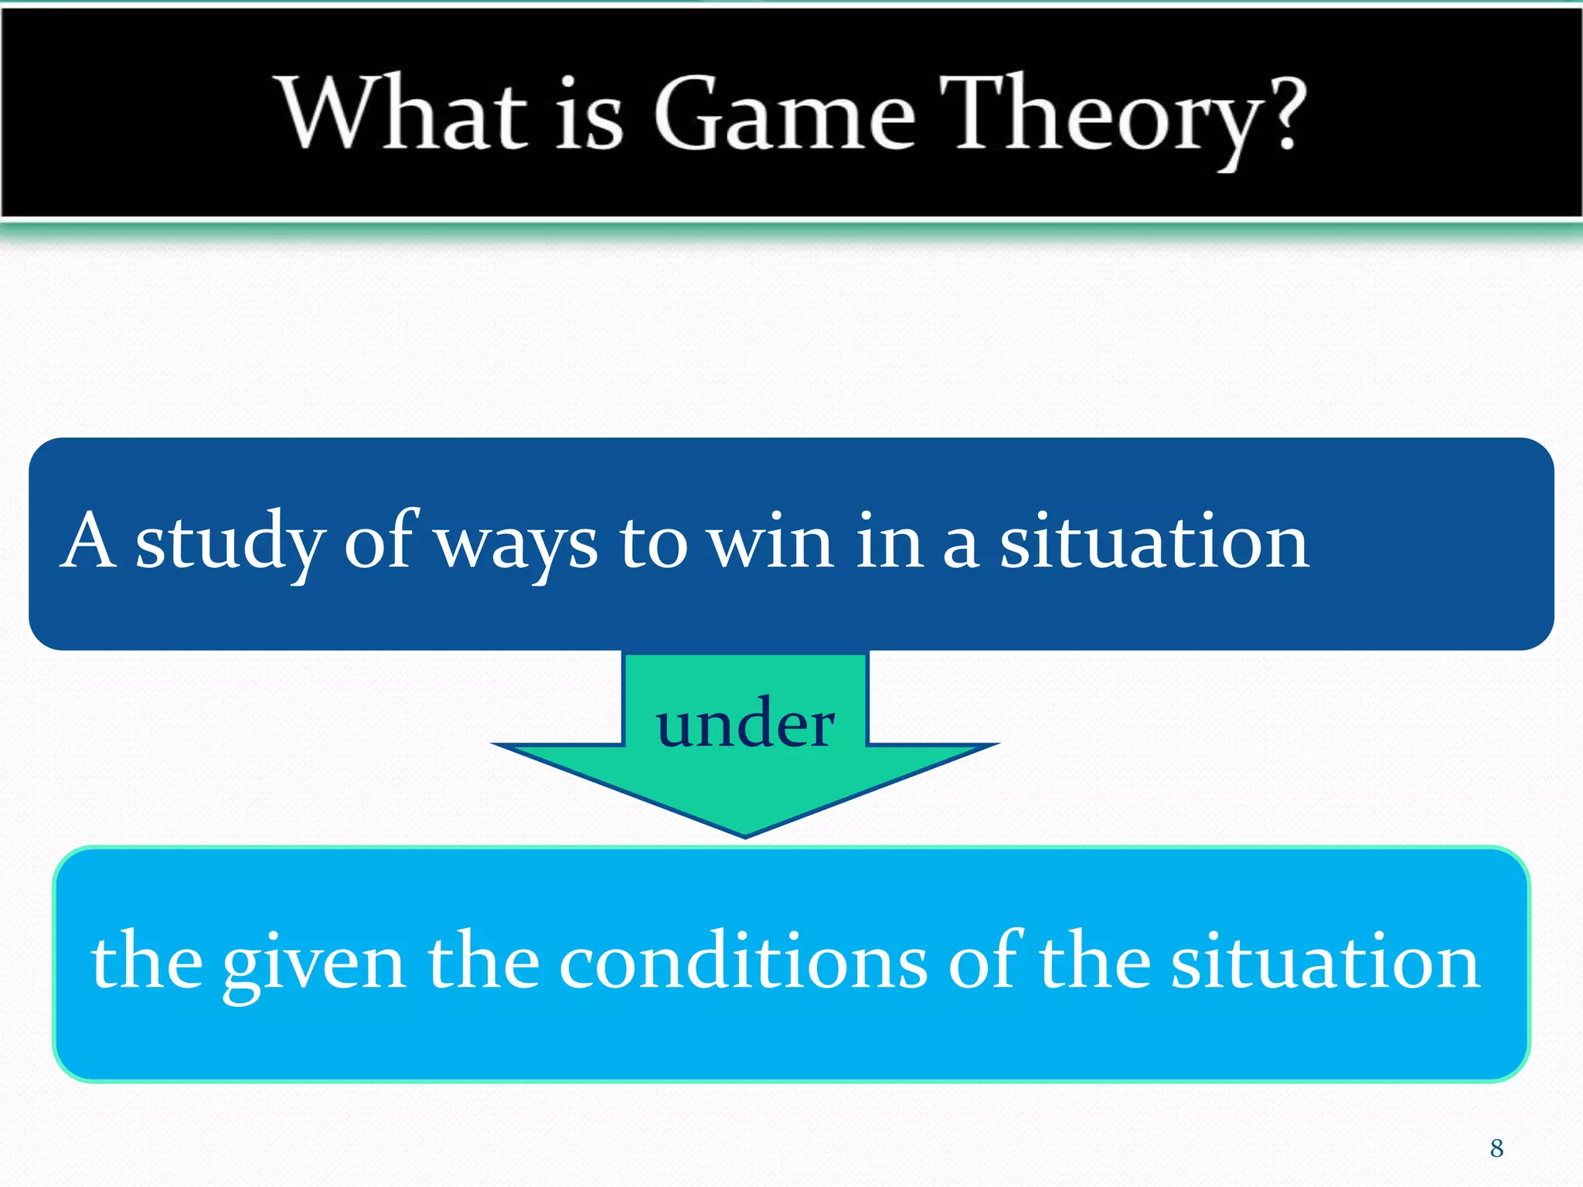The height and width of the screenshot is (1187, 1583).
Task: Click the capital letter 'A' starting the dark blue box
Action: click(89, 540)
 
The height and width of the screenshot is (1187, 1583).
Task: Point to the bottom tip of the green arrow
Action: click(745, 833)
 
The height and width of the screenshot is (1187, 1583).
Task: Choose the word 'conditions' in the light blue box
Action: click(742, 962)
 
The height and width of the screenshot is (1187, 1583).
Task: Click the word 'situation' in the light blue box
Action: click(1325, 962)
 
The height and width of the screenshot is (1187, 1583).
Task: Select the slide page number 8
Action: click(1496, 1148)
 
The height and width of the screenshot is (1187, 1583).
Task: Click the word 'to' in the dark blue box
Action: click(653, 542)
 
